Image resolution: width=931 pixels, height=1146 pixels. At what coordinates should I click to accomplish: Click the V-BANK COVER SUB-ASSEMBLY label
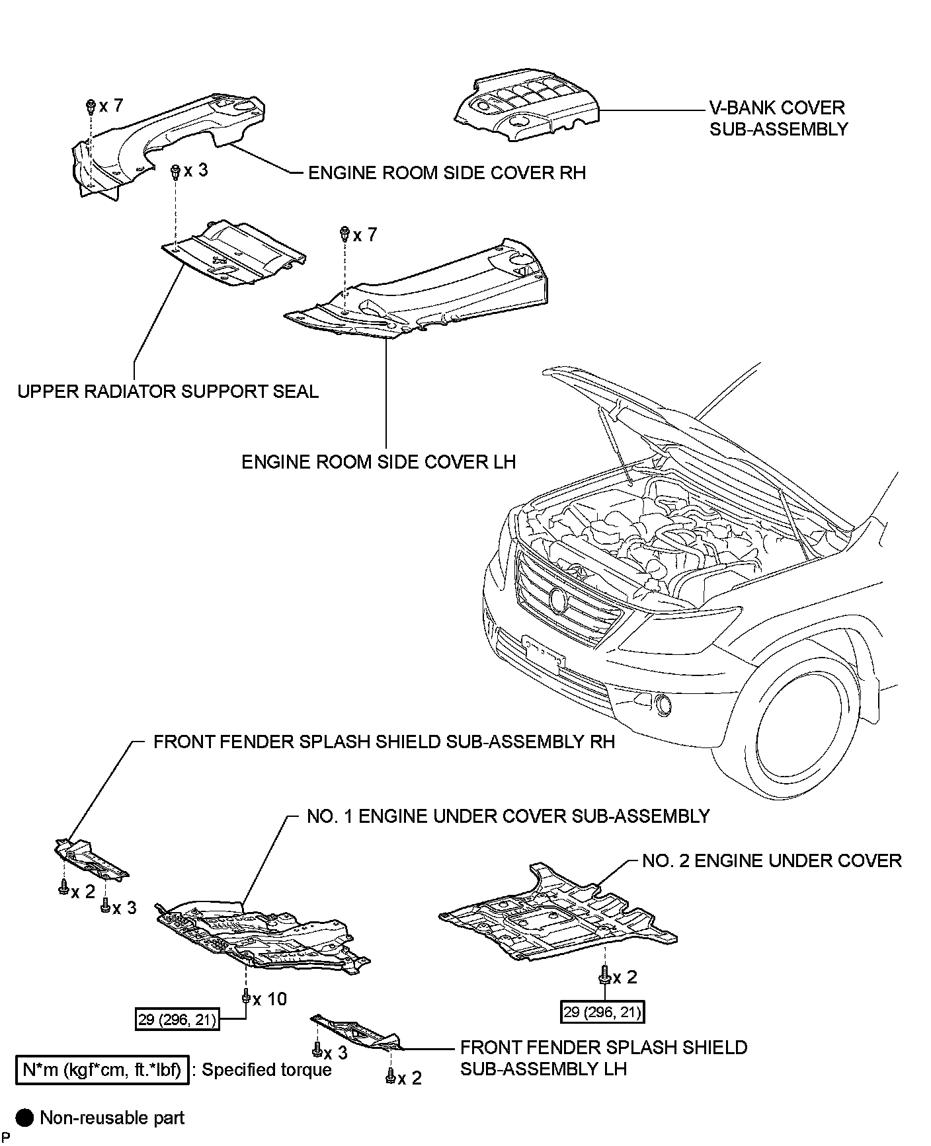(x=778, y=118)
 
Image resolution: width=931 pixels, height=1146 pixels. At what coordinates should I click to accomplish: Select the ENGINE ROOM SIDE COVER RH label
(x=447, y=172)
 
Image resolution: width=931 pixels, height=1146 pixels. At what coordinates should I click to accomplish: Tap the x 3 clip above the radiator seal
(x=176, y=172)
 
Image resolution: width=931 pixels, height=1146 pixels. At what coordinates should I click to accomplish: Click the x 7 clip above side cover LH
(x=345, y=234)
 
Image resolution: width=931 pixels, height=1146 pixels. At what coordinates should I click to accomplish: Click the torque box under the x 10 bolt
(x=177, y=1019)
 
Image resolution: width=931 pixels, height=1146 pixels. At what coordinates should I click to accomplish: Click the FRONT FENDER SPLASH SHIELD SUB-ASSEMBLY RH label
(x=384, y=742)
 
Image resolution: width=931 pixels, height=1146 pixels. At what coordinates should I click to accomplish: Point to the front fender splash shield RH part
(x=91, y=859)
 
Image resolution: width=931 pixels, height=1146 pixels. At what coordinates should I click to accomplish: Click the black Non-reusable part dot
(x=25, y=1118)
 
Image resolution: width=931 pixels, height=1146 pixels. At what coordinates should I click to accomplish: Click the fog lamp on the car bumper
(x=663, y=706)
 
